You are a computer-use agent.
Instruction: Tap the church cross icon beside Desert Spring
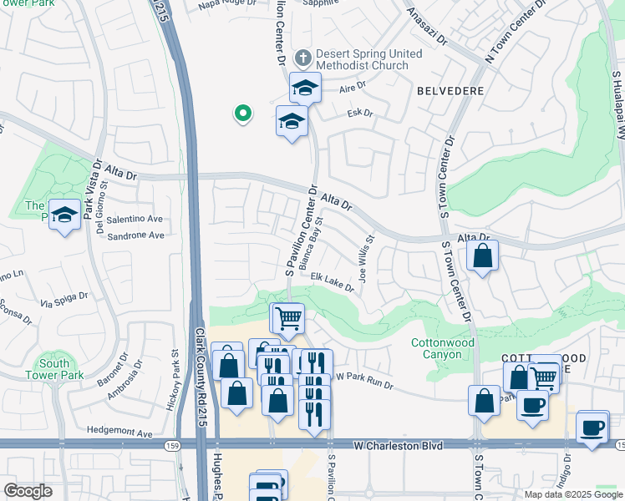tap(302, 58)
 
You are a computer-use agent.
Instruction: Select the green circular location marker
tap(242, 113)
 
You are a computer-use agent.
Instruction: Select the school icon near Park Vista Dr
tap(64, 215)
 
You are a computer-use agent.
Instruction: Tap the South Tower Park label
tap(54, 369)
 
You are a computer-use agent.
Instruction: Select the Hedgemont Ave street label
tap(119, 433)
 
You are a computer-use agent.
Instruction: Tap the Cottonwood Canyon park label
tap(443, 349)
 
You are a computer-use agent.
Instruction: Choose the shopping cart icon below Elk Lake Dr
tap(288, 317)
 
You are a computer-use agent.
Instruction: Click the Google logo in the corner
tap(28, 490)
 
